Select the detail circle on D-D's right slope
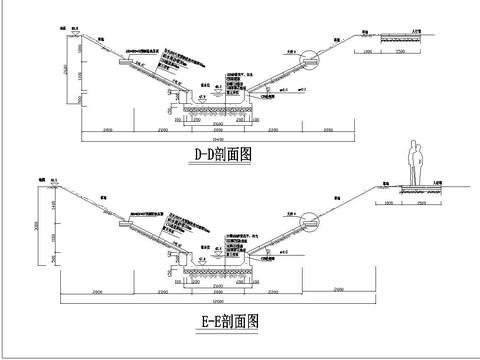[x=311, y=59]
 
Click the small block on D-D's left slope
[x=126, y=61]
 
